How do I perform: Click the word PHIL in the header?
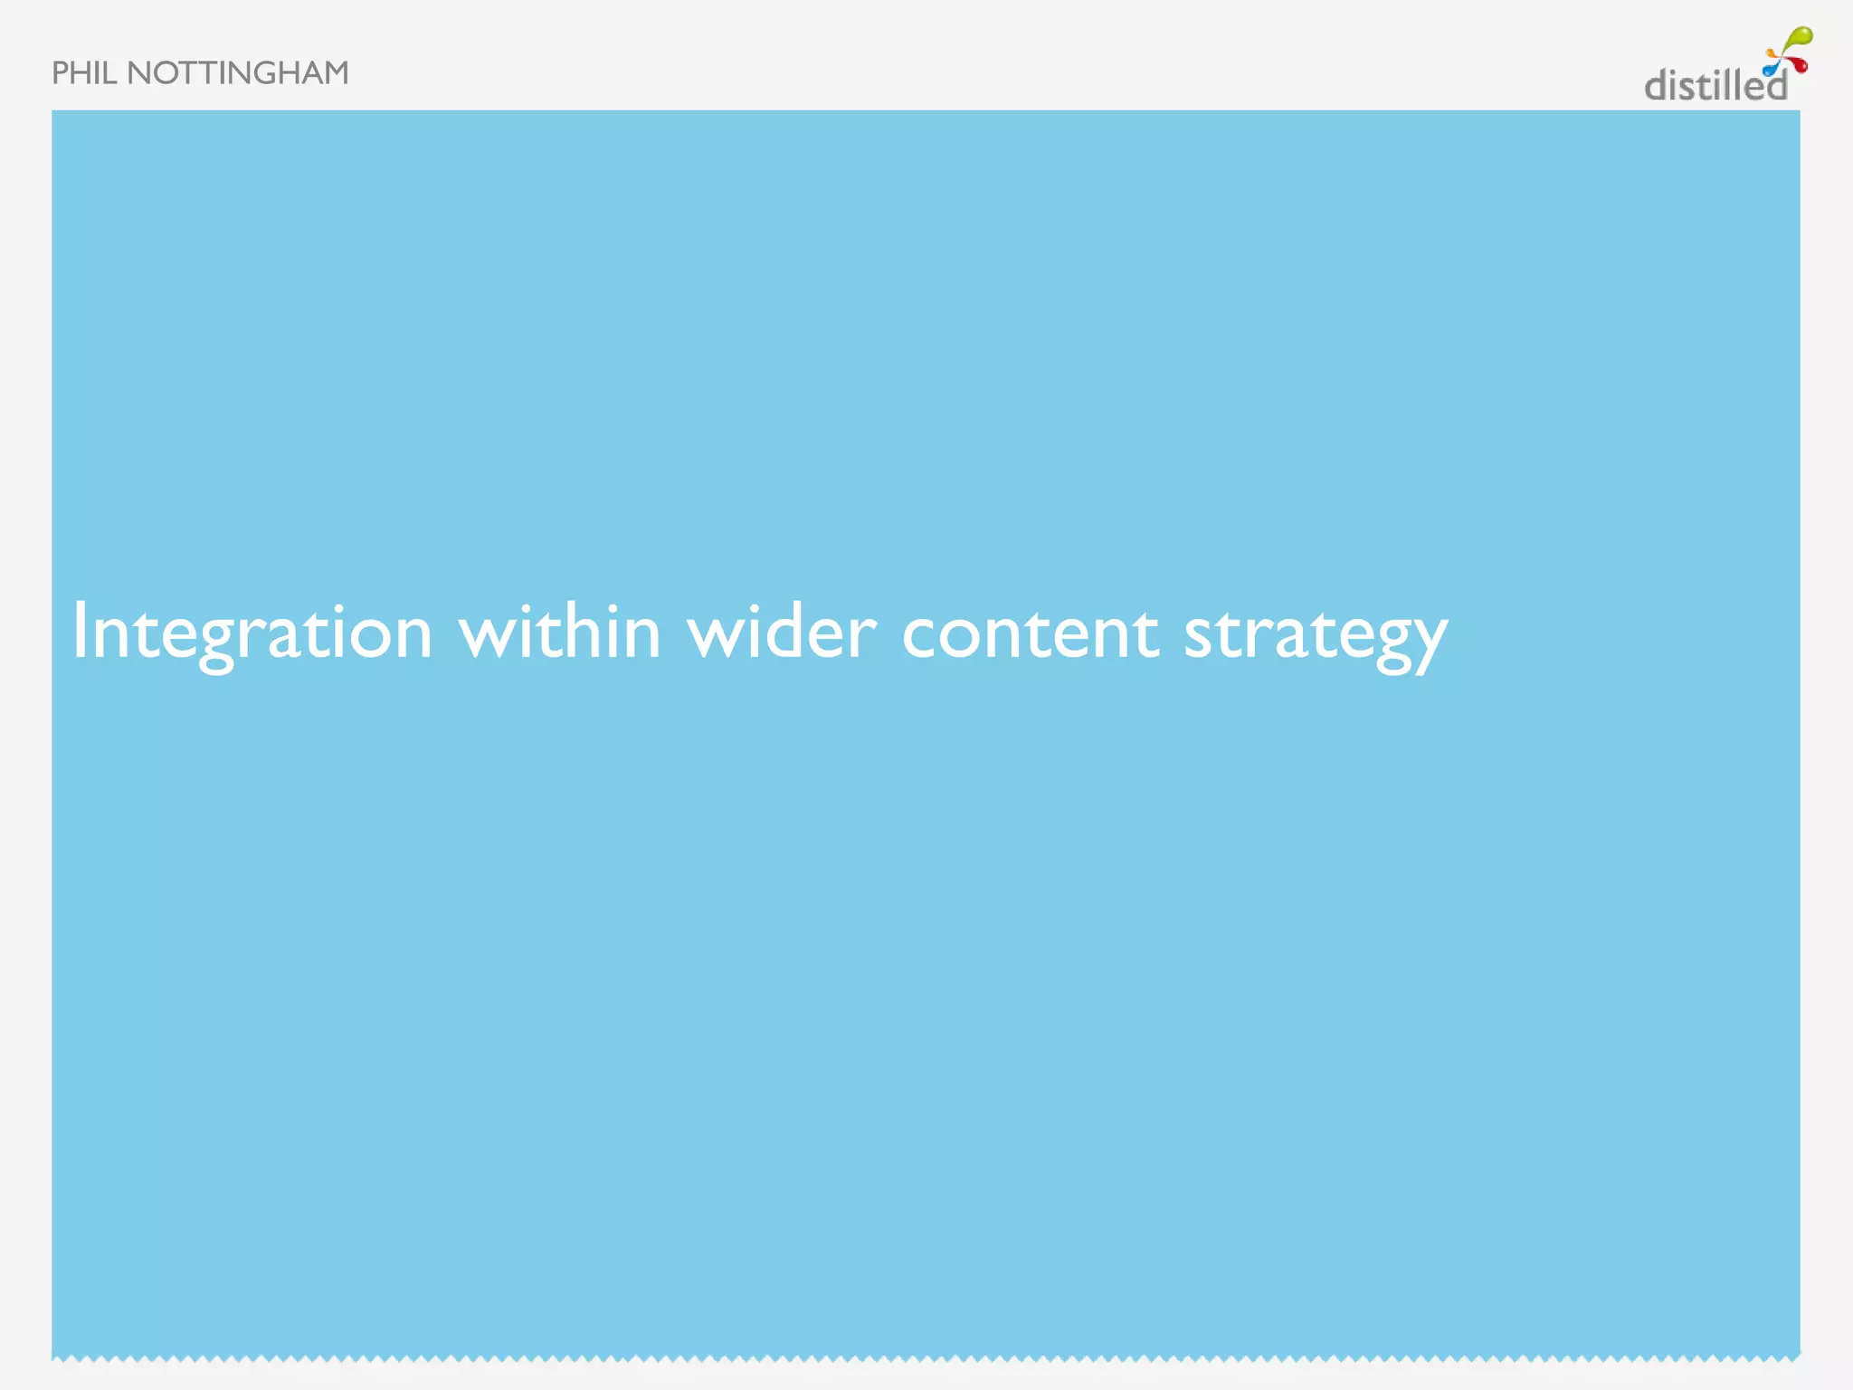[84, 73]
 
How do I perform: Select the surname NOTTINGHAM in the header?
[238, 73]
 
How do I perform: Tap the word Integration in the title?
[252, 633]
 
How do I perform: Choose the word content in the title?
[1030, 633]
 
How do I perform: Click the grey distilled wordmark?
[1715, 86]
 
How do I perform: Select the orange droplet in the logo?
[1773, 54]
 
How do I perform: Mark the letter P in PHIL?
[60, 73]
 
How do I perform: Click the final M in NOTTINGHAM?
[335, 73]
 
